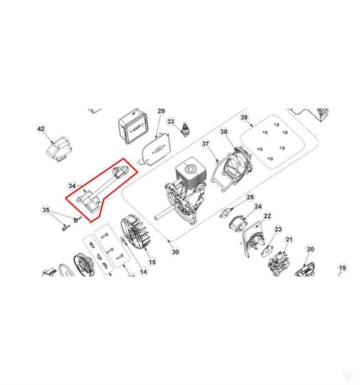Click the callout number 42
click(x=41, y=129)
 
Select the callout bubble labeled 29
click(x=161, y=111)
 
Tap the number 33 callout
click(x=171, y=122)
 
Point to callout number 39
click(x=244, y=118)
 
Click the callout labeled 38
click(x=224, y=132)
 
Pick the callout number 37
click(x=206, y=144)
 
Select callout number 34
click(x=72, y=186)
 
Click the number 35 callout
click(x=45, y=210)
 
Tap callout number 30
click(x=175, y=252)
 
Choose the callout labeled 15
click(x=152, y=262)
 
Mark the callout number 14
click(x=143, y=271)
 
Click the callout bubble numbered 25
click(x=250, y=197)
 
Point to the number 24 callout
click(x=258, y=206)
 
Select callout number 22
click(x=267, y=216)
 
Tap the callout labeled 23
click(x=278, y=229)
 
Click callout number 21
click(x=289, y=239)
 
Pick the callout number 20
click(x=310, y=249)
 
